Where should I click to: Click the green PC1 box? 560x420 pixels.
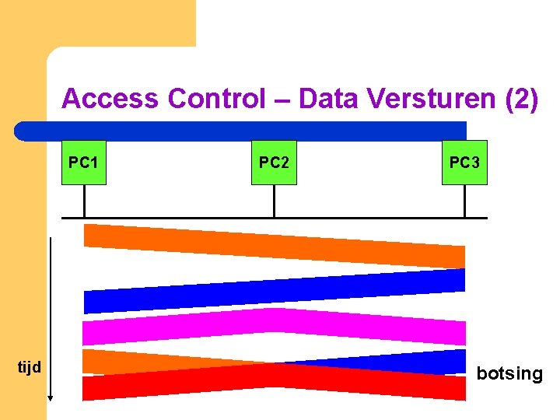[83, 162]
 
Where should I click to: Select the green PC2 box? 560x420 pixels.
[274, 162]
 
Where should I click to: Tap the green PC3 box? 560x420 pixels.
[464, 162]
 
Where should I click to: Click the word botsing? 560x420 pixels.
[509, 374]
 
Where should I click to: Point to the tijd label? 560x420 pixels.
[29, 366]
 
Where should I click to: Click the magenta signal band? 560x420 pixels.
[274, 325]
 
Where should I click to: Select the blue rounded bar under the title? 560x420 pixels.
[241, 131]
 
